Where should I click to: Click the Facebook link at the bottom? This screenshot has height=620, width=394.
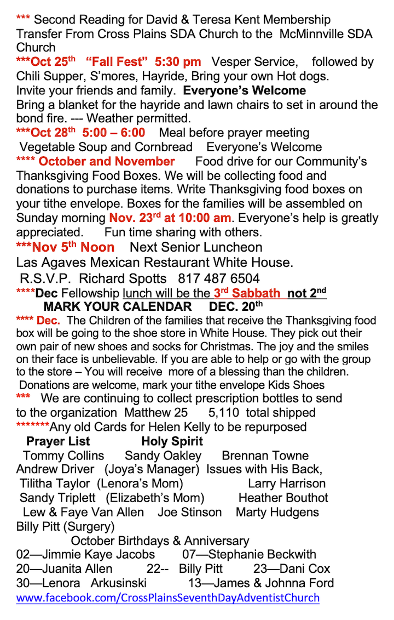167,598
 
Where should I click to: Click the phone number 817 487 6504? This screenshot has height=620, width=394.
218,278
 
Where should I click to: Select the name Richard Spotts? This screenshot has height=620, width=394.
125,278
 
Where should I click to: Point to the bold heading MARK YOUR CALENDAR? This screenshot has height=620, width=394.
118,306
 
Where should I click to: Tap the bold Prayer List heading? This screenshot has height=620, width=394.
58,441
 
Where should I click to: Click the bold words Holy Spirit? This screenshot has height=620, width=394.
172,441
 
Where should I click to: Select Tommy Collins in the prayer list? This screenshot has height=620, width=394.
63,456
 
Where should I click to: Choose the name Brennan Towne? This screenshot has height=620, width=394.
265,456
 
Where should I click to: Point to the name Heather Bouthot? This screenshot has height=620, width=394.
283,498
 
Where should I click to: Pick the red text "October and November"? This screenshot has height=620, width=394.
107,161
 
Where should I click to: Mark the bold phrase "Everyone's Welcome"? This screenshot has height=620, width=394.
245,90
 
